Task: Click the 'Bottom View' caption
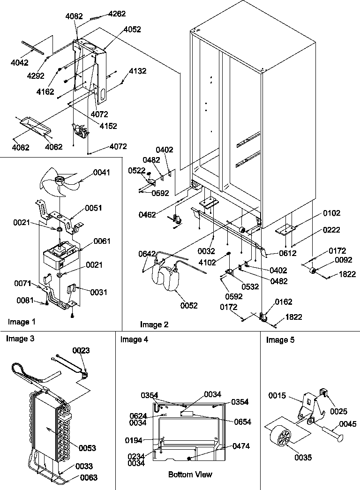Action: coord(190,475)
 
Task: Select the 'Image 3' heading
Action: coord(20,339)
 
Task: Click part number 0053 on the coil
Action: coord(87,448)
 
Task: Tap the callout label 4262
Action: coord(117,14)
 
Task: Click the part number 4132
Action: coord(137,71)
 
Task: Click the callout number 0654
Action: coord(242,422)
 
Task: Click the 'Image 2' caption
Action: coord(154,324)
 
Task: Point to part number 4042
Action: coord(19,62)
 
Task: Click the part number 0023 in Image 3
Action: coord(82,350)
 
